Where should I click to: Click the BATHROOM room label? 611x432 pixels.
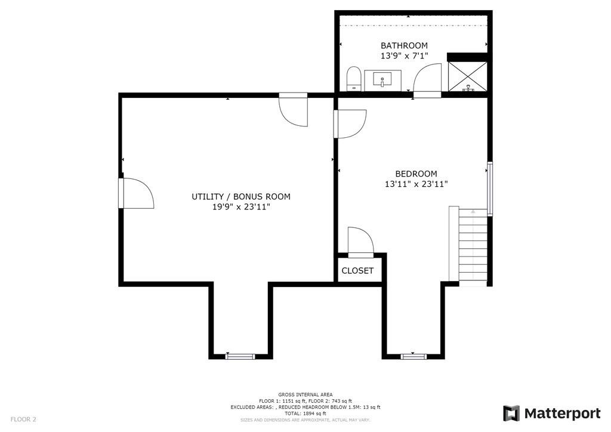[405, 45]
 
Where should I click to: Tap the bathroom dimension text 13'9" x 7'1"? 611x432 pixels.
[405, 56]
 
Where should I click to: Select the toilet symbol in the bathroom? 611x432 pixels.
[353, 78]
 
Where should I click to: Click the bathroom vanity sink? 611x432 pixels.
[382, 79]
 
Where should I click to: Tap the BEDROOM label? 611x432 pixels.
[416, 174]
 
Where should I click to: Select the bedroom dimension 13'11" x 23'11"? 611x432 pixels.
[416, 184]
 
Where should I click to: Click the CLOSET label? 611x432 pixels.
[357, 271]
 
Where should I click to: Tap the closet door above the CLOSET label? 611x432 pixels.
[360, 242]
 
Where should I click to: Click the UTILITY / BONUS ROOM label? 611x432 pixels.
[241, 196]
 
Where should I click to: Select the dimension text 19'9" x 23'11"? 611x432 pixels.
[241, 207]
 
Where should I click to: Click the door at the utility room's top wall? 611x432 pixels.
[294, 110]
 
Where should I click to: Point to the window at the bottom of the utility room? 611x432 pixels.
[240, 356]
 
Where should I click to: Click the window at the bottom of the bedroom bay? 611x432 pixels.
[414, 356]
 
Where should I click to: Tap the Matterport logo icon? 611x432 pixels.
[511, 413]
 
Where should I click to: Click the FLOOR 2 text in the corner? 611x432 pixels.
[23, 419]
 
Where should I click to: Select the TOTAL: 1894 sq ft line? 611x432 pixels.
[305, 414]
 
